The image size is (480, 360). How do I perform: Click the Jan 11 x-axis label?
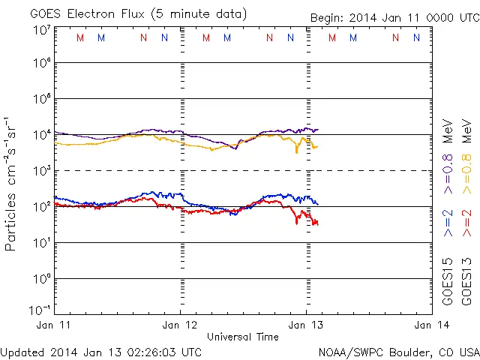tap(54, 325)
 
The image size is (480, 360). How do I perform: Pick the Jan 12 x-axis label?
tap(181, 325)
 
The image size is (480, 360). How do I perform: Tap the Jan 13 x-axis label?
tap(306, 325)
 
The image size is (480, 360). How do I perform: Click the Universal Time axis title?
tap(242, 337)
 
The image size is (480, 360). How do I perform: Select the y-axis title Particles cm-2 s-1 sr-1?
tap(13, 183)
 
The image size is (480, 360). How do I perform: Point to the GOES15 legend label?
tap(448, 280)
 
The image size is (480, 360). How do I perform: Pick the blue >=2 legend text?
tap(448, 223)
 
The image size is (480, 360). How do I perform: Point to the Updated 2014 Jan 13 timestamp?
tap(101, 352)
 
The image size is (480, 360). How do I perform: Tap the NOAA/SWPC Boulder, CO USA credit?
tap(398, 352)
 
